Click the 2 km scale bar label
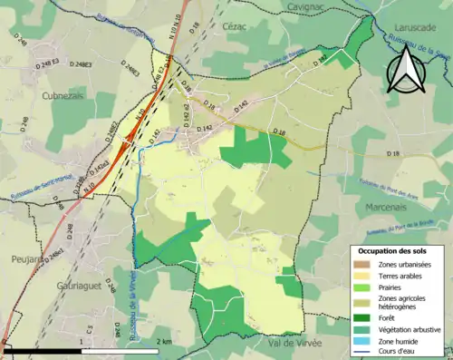pyautogui.click(x=163, y=341)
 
